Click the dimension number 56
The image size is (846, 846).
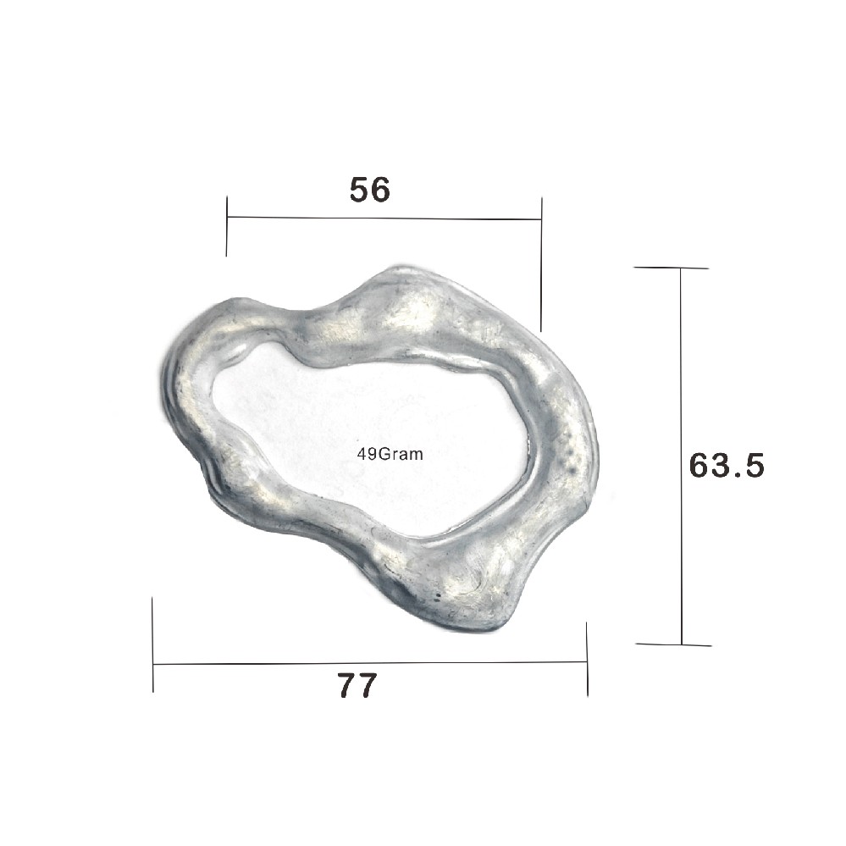pos(370,191)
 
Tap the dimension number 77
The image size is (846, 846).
pos(357,686)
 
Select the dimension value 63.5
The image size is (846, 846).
pos(727,465)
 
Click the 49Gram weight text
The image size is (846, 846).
pos(390,453)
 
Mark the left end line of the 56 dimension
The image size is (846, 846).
pos(227,226)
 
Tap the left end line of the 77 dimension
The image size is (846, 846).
pos(152,644)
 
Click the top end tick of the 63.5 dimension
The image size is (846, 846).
pos(671,268)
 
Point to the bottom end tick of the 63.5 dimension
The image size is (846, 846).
pos(673,644)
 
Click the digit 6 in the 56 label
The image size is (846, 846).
pos(381,191)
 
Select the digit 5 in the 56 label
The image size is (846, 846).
pos(360,191)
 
